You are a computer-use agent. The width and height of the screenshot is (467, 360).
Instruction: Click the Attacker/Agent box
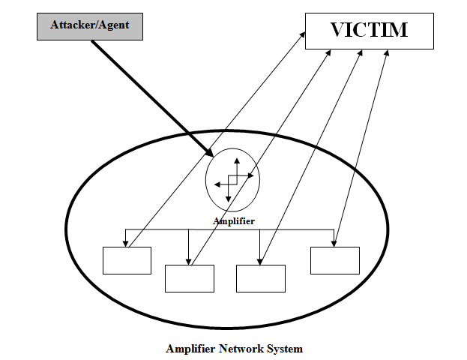click(90, 25)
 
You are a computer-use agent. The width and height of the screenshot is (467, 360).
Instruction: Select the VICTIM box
click(369, 31)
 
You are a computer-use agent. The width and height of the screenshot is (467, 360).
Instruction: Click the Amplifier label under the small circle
click(234, 221)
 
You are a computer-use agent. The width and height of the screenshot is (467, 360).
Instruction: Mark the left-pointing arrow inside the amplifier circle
click(218, 183)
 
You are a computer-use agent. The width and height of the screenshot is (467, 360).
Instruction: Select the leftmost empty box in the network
click(127, 260)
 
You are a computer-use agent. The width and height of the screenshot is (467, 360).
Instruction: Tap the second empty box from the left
click(189, 277)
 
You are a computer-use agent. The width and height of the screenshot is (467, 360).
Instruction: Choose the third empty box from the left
click(260, 277)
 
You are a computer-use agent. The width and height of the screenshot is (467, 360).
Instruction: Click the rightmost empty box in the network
click(334, 260)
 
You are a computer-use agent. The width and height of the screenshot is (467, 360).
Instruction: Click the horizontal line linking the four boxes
click(225, 229)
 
